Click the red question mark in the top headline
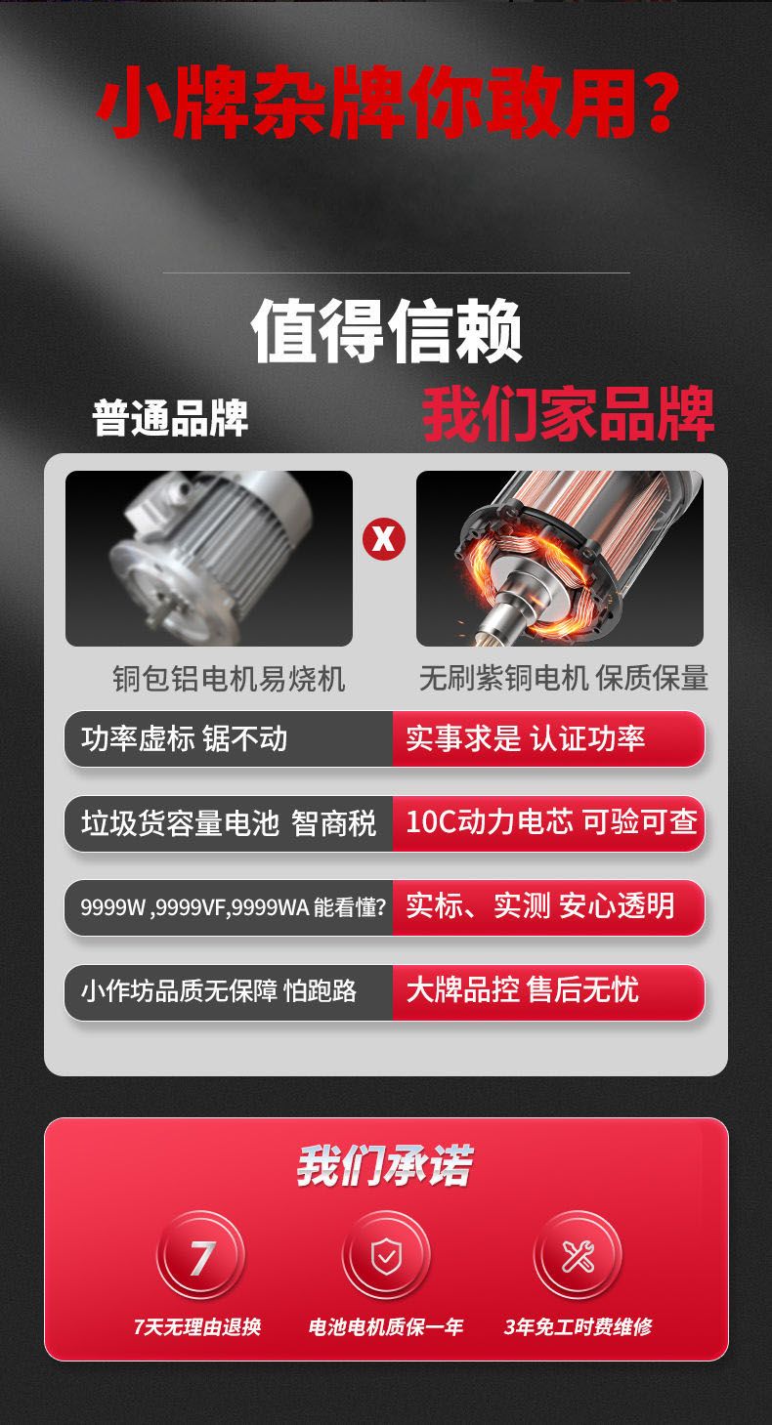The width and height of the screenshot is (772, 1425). [x=656, y=102]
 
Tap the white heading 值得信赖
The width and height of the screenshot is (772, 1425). [x=386, y=331]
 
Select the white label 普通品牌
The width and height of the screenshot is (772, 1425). [x=170, y=418]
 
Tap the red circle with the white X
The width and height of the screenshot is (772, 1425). [x=384, y=539]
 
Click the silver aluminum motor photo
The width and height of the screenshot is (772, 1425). [x=209, y=558]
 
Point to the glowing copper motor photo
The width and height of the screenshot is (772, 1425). [x=559, y=558]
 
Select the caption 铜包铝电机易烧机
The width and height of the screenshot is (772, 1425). [x=229, y=679]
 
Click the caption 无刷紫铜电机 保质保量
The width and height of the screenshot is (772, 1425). [x=563, y=678]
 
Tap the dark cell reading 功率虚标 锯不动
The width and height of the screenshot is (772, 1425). [x=229, y=738]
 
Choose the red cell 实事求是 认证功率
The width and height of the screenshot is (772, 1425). [x=548, y=738]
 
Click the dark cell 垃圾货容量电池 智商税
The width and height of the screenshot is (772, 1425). [x=229, y=823]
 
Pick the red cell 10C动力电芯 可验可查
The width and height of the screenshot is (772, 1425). [x=548, y=823]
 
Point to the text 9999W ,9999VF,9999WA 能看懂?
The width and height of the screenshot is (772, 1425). [x=233, y=907]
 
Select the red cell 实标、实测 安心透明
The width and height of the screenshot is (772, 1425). [x=548, y=907]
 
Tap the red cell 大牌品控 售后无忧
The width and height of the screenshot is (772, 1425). [x=548, y=991]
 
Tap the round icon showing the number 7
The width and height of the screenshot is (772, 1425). [x=200, y=1256]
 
